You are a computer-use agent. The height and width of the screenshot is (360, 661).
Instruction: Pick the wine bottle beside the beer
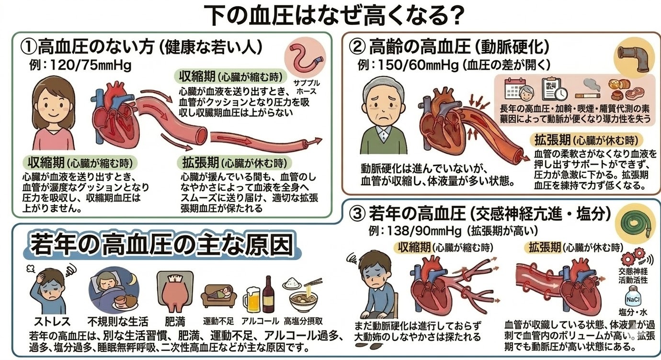268,293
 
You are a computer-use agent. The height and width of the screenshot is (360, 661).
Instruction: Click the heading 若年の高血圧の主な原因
161,245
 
